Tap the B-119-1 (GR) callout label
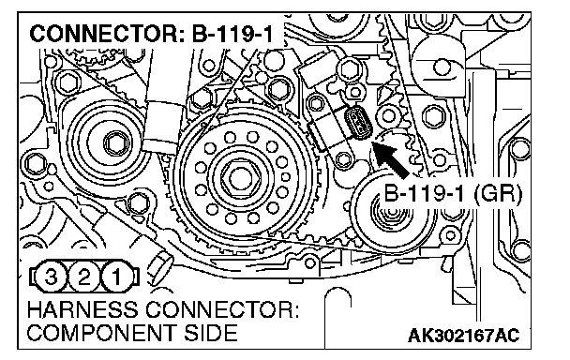[453, 193]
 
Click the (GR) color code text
[498, 193]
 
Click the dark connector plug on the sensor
[357, 123]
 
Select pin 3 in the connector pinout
[51, 277]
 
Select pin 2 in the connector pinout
[84, 277]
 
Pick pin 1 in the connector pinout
[117, 277]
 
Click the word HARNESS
[82, 310]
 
